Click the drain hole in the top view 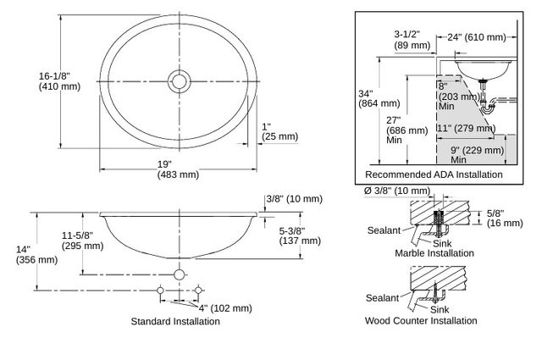tap(179, 81)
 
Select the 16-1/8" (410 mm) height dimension tap(59, 81)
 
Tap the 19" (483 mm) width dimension tap(178, 169)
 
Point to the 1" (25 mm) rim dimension tap(279, 132)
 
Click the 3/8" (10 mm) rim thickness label tap(294, 199)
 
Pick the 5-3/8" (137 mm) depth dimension tap(300, 235)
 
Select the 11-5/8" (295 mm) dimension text tap(83, 241)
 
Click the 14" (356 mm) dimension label tap(36, 254)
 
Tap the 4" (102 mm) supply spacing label tap(225, 307)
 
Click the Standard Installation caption tap(175, 321)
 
